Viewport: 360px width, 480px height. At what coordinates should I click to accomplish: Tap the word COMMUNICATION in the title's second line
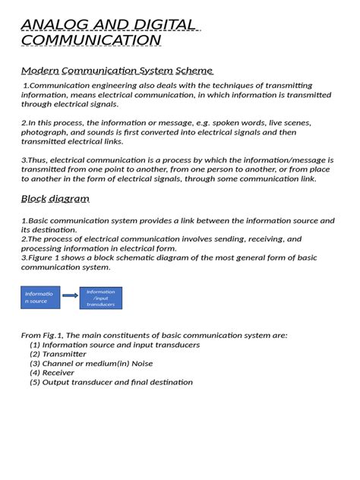click(x=90, y=40)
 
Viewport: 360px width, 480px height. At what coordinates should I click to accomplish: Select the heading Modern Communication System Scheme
click(x=116, y=71)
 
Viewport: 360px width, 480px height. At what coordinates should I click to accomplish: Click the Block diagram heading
click(x=55, y=199)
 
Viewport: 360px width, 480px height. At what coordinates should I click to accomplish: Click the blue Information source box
click(x=39, y=297)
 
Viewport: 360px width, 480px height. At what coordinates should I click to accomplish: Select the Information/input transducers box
click(x=100, y=297)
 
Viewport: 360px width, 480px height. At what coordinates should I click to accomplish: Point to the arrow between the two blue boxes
click(x=70, y=296)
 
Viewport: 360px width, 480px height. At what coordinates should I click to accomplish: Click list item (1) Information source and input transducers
click(x=115, y=345)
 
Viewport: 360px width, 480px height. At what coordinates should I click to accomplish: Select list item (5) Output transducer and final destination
click(x=111, y=383)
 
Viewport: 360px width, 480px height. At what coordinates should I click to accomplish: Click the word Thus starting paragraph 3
click(x=38, y=160)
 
